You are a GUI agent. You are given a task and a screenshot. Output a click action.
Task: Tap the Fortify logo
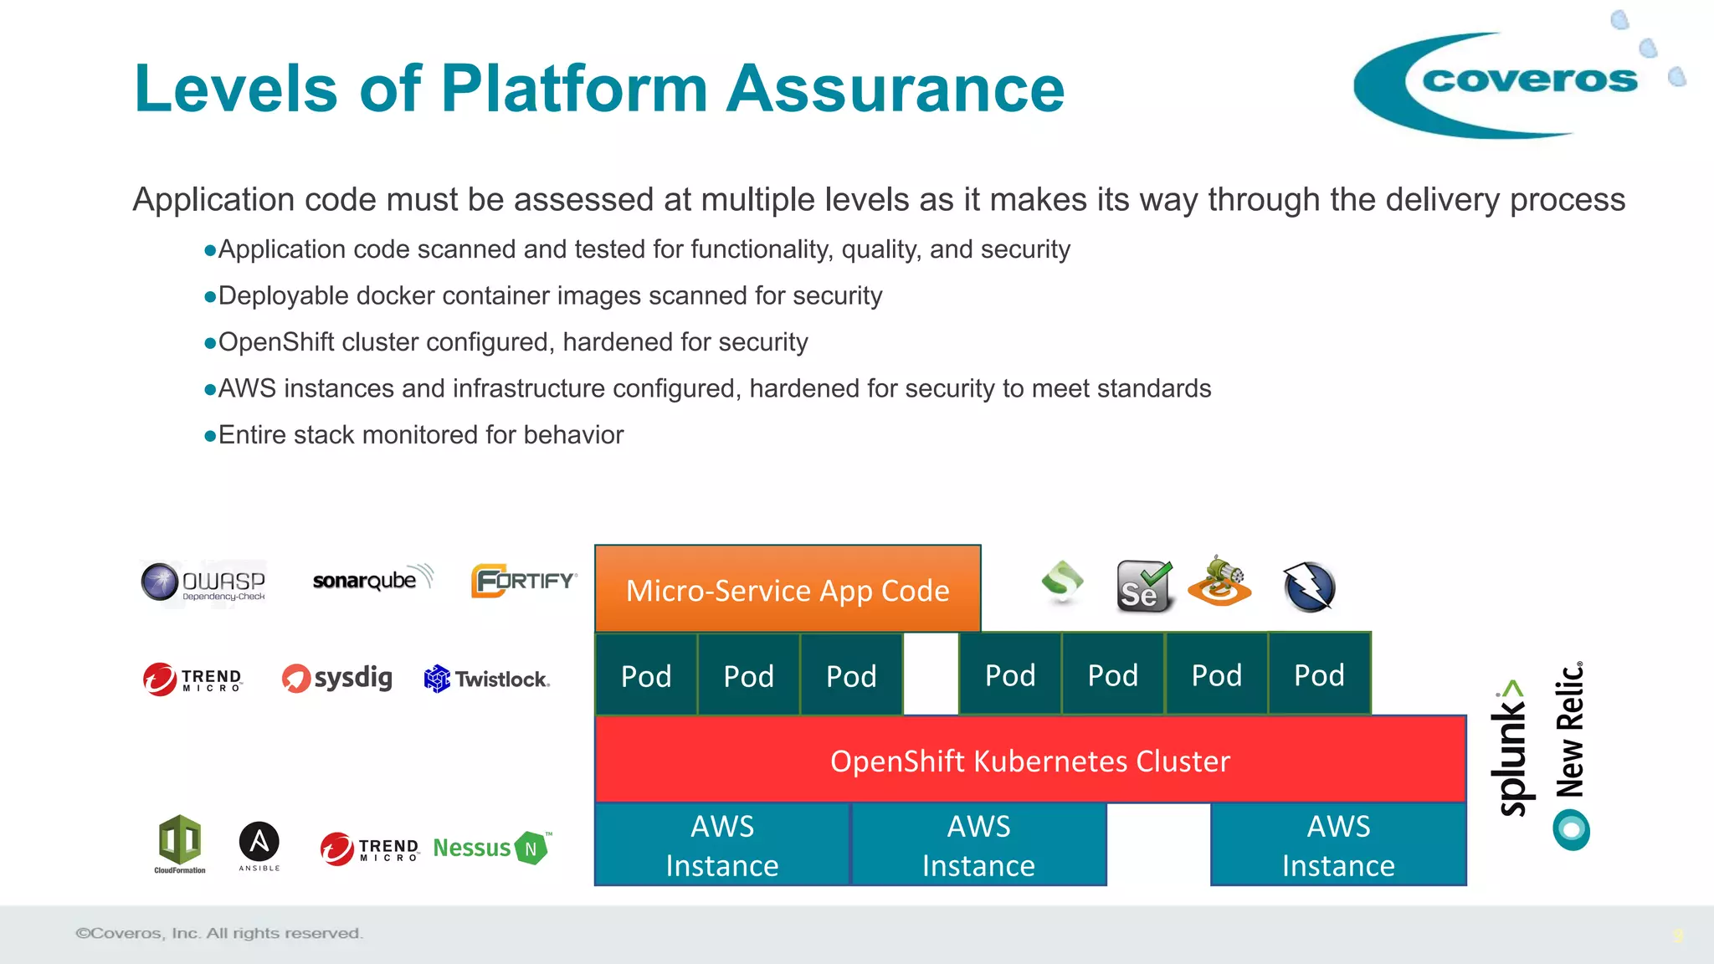point(524,581)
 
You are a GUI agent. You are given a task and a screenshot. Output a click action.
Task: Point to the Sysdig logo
point(337,678)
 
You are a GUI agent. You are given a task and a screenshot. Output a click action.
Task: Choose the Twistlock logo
point(487,679)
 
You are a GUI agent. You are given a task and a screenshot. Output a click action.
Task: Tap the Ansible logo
point(259,845)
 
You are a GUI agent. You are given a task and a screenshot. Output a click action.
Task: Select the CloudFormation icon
point(180,843)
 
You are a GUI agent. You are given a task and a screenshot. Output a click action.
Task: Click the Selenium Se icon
point(1143,587)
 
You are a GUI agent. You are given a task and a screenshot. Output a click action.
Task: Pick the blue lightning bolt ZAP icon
point(1308,587)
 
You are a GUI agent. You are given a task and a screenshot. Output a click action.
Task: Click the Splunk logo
point(1511,748)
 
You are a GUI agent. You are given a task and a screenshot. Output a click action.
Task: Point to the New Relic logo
point(1571,753)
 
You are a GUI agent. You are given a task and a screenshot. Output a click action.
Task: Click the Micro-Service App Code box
point(788,589)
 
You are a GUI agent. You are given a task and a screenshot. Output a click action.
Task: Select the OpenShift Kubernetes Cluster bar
point(1030,760)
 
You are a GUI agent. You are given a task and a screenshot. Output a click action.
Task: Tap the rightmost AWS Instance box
point(1338,845)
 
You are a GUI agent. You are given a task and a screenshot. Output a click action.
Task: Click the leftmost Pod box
point(646,675)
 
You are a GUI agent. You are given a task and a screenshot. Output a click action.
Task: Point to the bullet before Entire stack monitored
point(210,436)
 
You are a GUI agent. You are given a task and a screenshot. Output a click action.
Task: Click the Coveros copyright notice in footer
point(219,933)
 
